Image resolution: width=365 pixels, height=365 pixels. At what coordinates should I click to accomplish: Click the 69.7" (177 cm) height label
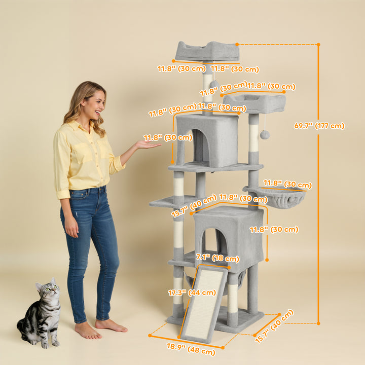coord(319,126)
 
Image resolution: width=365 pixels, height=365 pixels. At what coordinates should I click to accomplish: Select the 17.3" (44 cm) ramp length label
coord(185,293)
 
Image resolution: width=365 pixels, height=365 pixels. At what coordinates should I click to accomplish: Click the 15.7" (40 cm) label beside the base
coord(274,326)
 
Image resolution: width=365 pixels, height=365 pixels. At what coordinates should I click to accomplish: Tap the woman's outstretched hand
coord(147,145)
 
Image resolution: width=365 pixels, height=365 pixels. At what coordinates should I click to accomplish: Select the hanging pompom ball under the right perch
coord(265,134)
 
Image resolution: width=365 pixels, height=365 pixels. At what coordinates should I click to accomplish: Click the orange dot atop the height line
coord(318,45)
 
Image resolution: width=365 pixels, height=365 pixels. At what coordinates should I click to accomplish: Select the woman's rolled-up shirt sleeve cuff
coord(63,194)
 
